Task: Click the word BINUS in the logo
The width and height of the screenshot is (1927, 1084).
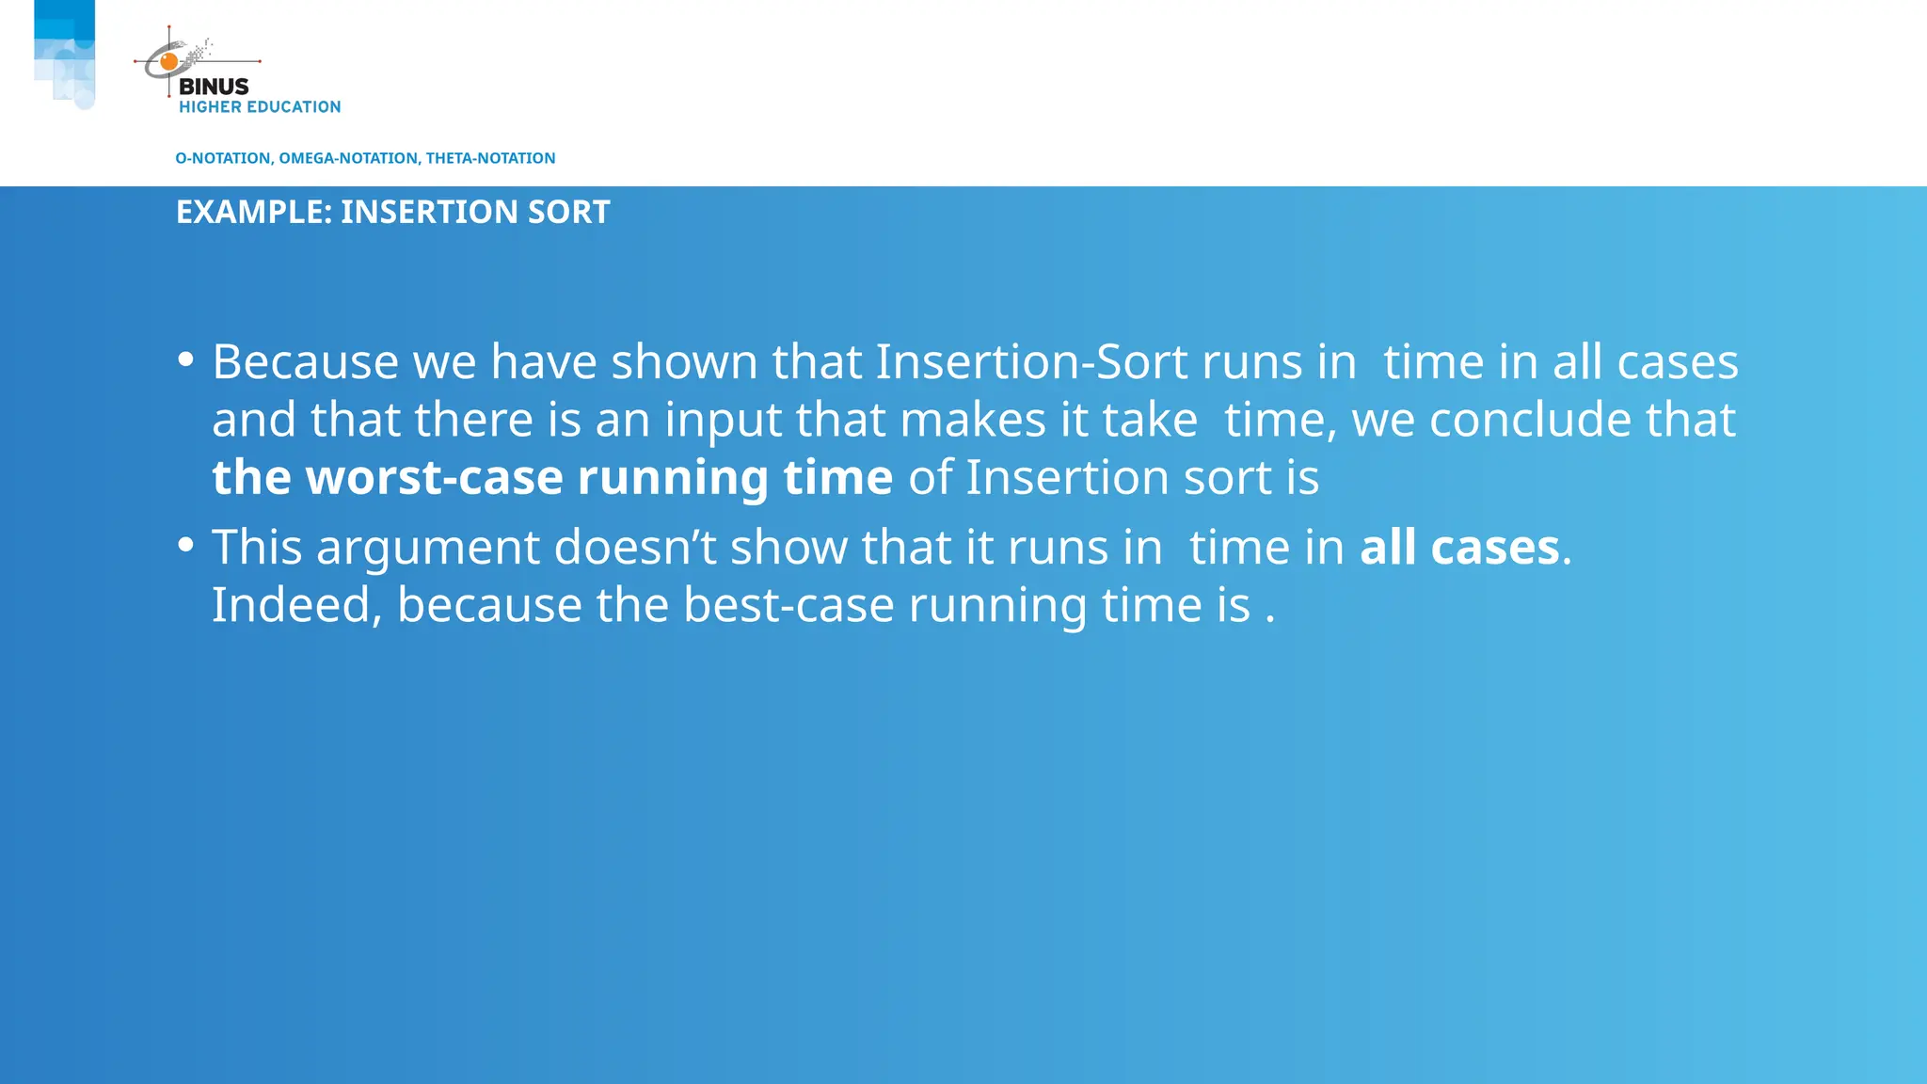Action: [214, 87]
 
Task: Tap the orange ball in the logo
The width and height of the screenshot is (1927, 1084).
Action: [169, 62]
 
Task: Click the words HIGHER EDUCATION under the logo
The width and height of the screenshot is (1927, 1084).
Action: [260, 107]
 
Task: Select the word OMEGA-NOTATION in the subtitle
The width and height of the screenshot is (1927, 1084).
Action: [349, 158]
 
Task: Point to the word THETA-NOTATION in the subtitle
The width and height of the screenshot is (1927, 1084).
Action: [490, 158]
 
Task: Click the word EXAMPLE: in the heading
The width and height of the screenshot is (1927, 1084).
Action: [254, 213]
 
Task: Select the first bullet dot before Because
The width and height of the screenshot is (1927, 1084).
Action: [185, 359]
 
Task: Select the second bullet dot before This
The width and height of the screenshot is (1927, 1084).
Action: [185, 545]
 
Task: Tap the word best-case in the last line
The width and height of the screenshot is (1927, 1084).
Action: [788, 605]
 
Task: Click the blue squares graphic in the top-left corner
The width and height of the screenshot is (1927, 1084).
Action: [65, 54]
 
